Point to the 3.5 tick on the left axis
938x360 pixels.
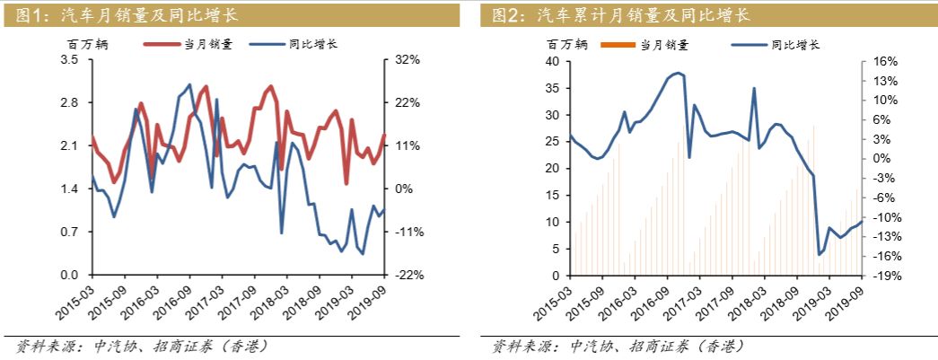[x=70, y=60]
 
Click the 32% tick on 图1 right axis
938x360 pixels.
[x=407, y=60]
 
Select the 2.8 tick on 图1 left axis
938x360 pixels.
[x=70, y=103]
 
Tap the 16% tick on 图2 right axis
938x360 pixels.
[x=885, y=62]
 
